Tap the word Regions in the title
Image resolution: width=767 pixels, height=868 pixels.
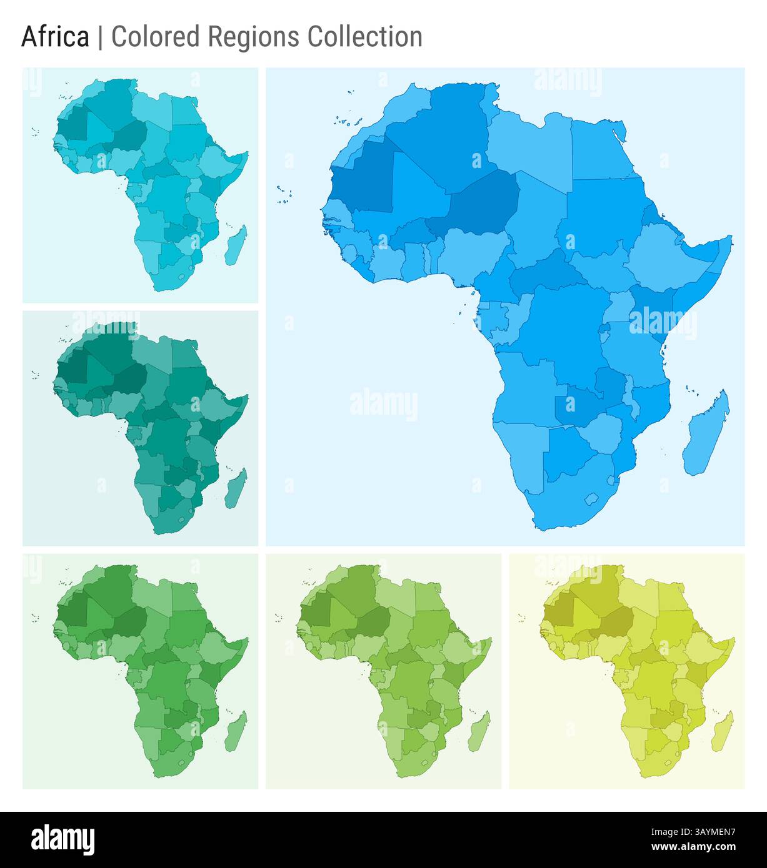tap(254, 37)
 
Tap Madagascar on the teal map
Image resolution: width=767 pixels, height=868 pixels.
tap(236, 488)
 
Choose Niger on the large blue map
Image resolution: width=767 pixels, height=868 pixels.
tap(484, 200)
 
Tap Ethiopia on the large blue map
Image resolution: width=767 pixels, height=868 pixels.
tap(663, 256)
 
